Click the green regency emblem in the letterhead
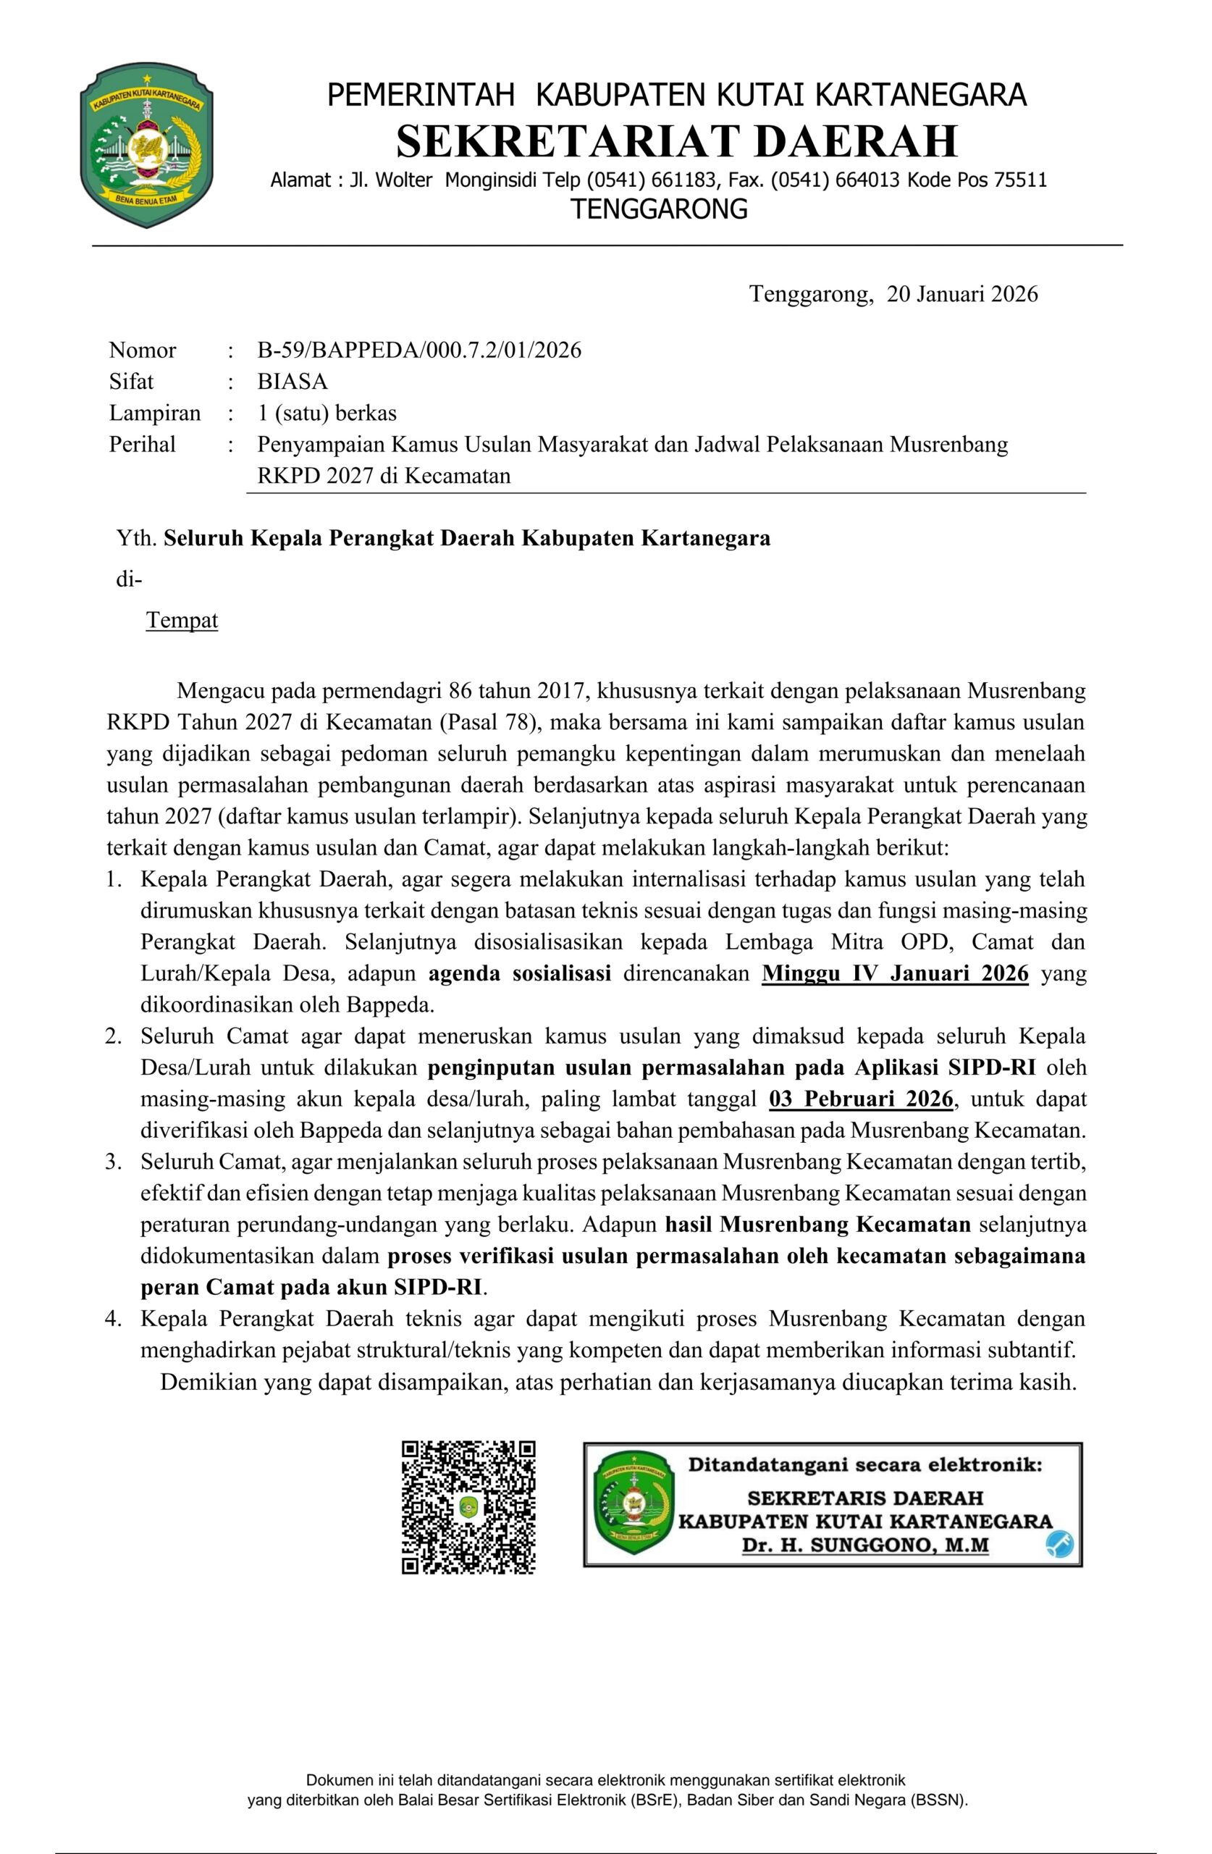pos(146,145)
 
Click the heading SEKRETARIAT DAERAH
pos(676,141)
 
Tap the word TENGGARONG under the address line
pos(659,209)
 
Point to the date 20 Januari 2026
pos(962,294)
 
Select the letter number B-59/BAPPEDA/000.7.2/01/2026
pos(419,350)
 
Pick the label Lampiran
pos(155,413)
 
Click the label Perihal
pos(143,444)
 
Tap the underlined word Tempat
pos(182,620)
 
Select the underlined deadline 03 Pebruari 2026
pos(861,1099)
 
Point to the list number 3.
pos(114,1162)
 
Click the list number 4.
pos(114,1319)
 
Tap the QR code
pos(468,1507)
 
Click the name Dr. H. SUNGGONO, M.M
pos(864,1545)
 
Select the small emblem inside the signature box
pos(633,1504)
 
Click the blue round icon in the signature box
pos(1059,1543)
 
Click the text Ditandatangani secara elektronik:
pos(864,1465)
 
